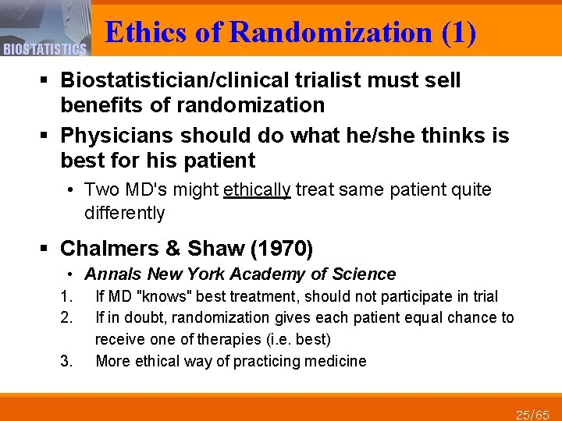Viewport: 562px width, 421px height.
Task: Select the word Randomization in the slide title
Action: [331, 33]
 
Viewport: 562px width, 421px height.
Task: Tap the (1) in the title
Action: [458, 33]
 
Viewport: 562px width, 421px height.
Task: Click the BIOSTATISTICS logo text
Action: [44, 50]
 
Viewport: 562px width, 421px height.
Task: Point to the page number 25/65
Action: [533, 413]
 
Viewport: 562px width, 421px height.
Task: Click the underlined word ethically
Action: [257, 190]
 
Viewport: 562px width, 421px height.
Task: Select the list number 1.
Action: [66, 296]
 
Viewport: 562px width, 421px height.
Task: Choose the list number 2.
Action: [66, 317]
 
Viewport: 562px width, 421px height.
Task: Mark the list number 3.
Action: [66, 361]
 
